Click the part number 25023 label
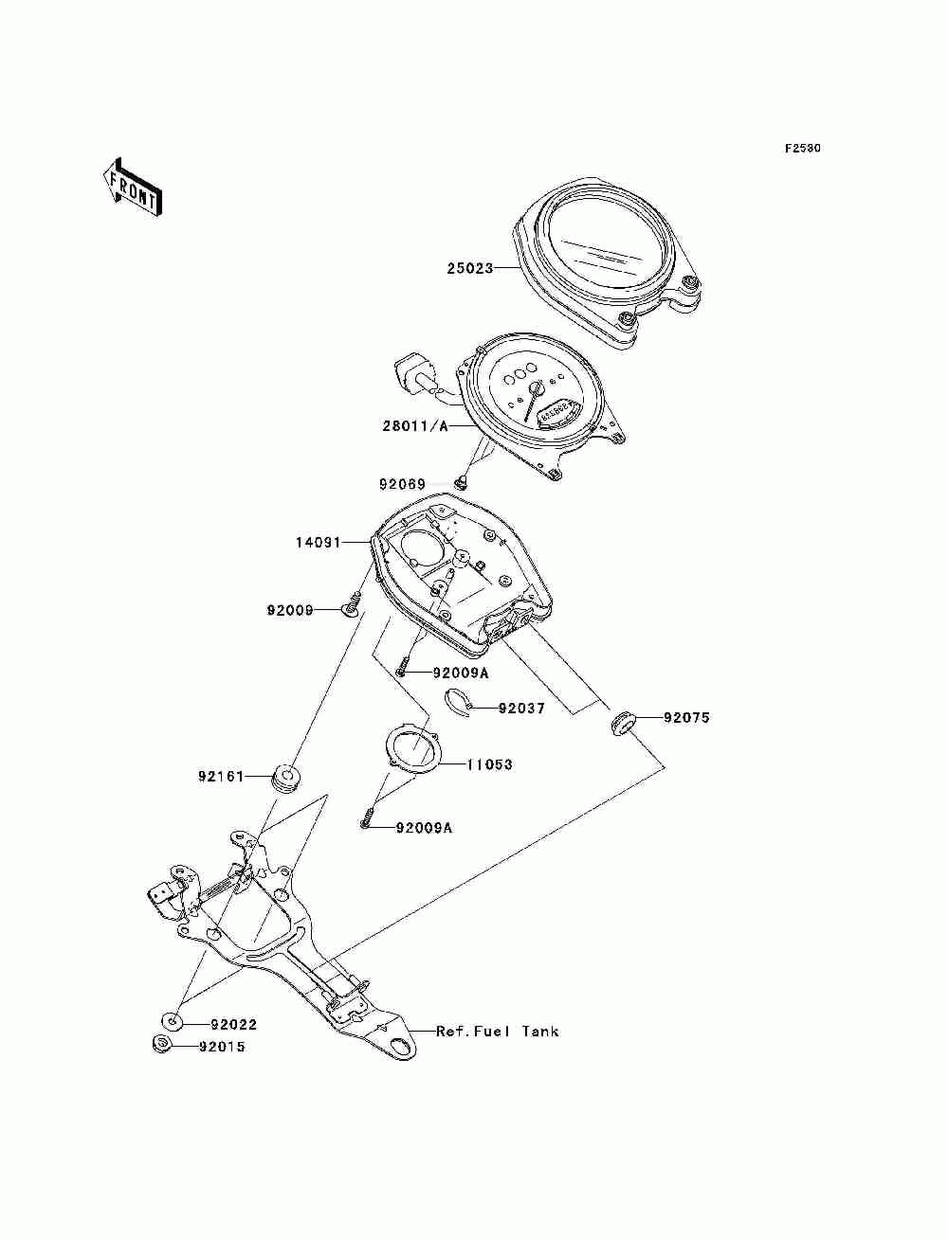point(470,268)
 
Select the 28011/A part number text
point(415,425)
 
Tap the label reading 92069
point(402,484)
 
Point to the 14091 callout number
point(319,543)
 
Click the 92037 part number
point(521,708)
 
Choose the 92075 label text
point(686,718)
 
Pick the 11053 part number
point(489,764)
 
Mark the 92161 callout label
point(221,777)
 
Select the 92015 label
point(222,1047)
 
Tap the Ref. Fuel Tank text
point(497,1032)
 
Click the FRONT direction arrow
point(133,187)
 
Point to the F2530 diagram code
point(802,149)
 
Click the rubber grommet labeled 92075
point(623,723)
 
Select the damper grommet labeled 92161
point(286,779)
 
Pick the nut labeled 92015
point(161,1044)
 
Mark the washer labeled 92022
point(172,1021)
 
